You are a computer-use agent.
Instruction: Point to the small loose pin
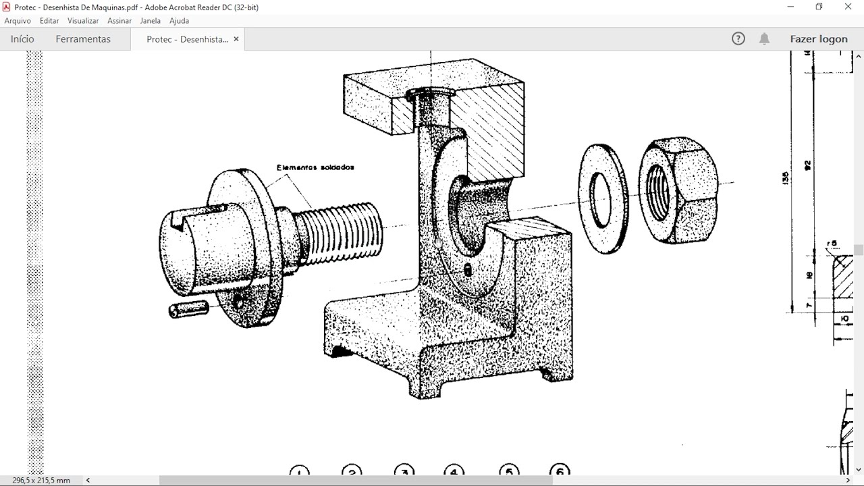click(188, 309)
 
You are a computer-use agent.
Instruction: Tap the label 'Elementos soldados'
click(315, 167)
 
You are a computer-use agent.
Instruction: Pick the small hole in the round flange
click(238, 301)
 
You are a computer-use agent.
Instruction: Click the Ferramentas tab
click(83, 39)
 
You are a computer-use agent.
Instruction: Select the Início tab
click(22, 39)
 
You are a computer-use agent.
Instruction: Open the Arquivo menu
click(18, 21)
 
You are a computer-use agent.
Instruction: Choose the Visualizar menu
click(83, 21)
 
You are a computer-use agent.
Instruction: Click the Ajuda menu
click(179, 21)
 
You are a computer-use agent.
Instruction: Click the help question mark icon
click(738, 39)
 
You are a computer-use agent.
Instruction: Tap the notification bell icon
click(764, 39)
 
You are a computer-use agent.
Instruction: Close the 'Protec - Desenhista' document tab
click(236, 39)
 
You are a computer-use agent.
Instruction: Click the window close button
click(848, 7)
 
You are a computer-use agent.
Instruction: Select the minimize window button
click(790, 7)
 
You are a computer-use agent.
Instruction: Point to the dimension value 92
click(807, 165)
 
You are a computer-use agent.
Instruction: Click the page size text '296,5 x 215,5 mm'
click(41, 480)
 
